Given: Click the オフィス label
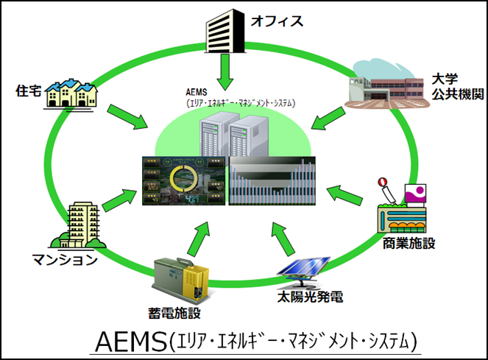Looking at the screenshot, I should tap(277, 21).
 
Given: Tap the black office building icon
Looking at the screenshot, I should tap(225, 27).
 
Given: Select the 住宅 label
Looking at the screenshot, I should tap(28, 91).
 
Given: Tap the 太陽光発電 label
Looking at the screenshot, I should tap(307, 298).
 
